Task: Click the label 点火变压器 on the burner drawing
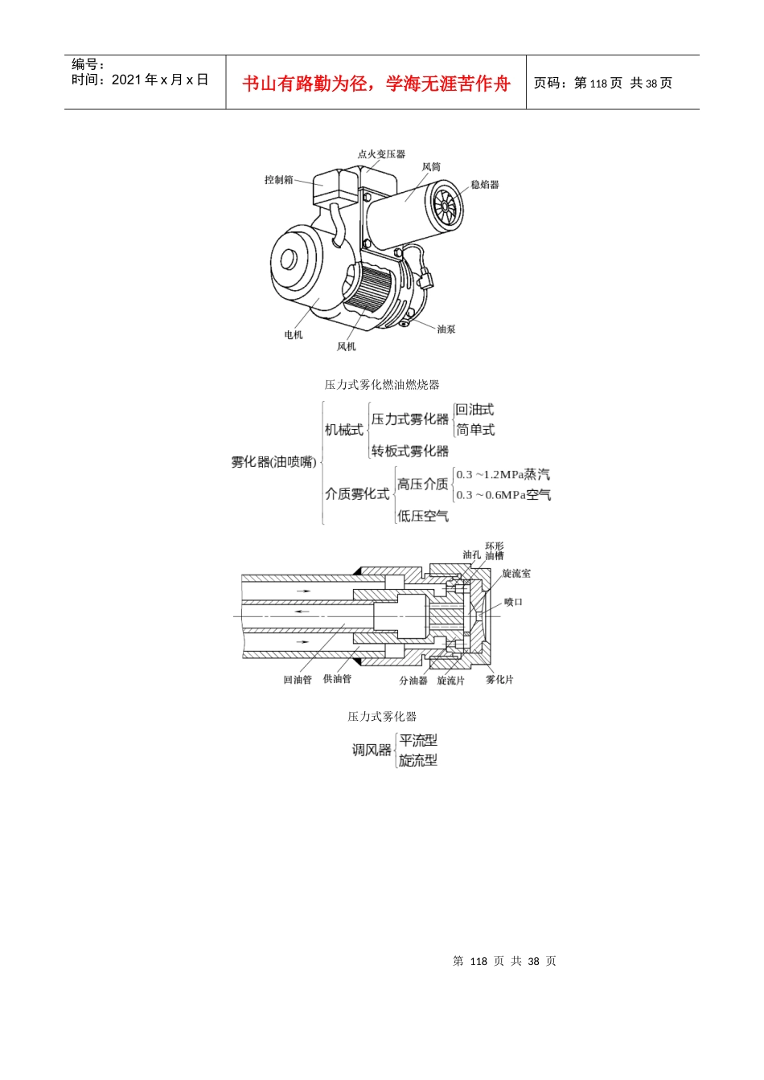[x=381, y=154]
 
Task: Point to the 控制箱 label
[x=279, y=180]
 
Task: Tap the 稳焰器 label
[x=485, y=185]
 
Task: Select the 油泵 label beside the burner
[x=446, y=329]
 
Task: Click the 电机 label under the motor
[x=294, y=334]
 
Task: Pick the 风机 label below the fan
[x=346, y=346]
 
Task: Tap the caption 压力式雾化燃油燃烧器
[x=382, y=385]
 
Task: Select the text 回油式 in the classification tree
[x=475, y=410]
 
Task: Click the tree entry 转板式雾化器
[x=410, y=451]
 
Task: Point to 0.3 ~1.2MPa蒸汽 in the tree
[x=503, y=475]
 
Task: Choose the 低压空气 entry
[x=423, y=516]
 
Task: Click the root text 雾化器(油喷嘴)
[x=273, y=462]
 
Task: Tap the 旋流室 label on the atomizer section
[x=516, y=573]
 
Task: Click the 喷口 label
[x=514, y=602]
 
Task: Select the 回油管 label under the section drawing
[x=298, y=680]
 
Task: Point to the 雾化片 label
[x=499, y=680]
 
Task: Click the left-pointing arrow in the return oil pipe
[x=302, y=612]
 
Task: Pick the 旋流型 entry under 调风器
[x=418, y=760]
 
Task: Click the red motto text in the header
[x=376, y=84]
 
